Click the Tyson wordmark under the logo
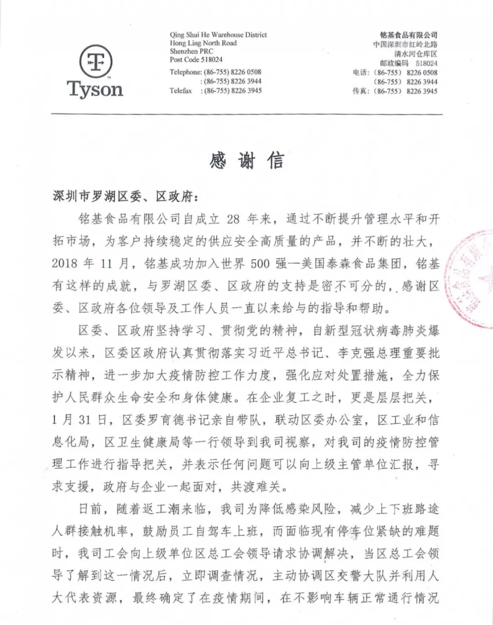pyautogui.click(x=95, y=89)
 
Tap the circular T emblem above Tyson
pyautogui.click(x=95, y=61)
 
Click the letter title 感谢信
pyautogui.click(x=246, y=161)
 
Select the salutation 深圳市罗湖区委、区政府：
pyautogui.click(x=125, y=196)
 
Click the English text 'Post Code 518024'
pyautogui.click(x=196, y=60)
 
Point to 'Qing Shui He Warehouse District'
pyautogui.click(x=218, y=35)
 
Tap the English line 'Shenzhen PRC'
pyautogui.click(x=191, y=52)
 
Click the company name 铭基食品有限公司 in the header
pyautogui.click(x=408, y=35)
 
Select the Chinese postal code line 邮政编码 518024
pyautogui.click(x=408, y=63)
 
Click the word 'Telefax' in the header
pyautogui.click(x=181, y=91)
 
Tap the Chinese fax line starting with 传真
pyautogui.click(x=394, y=91)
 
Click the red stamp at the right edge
pyautogui.click(x=470, y=278)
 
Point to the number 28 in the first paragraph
pyautogui.click(x=233, y=219)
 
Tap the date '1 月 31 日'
pyautogui.click(x=79, y=420)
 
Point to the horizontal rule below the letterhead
pyautogui.click(x=246, y=114)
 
